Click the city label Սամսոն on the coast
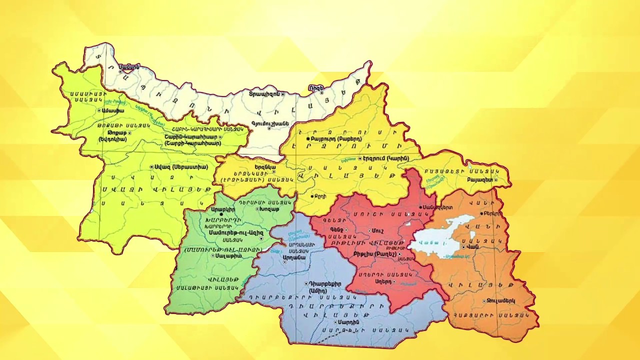point(129,66)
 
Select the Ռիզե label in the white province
point(316,88)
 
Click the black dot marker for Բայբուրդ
point(308,138)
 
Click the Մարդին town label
point(348,322)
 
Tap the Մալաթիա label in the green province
point(230,255)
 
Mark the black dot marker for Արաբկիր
point(221,214)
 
